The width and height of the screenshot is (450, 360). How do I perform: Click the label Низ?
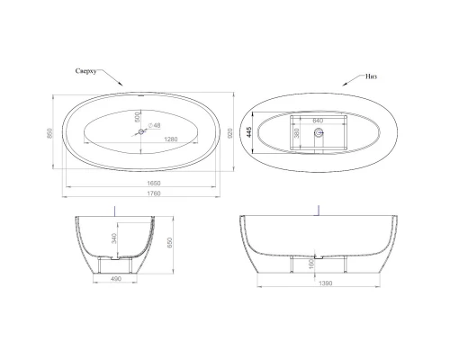[371, 77]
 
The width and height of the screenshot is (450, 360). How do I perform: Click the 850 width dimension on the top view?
[51, 132]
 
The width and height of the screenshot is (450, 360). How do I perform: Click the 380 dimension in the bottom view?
[297, 131]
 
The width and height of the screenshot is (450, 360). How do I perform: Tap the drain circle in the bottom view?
[317, 133]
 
